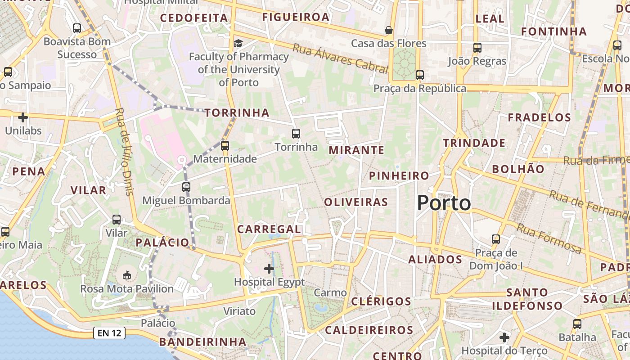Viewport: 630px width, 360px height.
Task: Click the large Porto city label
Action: tap(444, 203)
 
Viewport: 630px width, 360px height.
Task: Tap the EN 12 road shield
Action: tap(109, 333)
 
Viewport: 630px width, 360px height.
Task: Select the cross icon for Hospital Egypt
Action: tap(269, 269)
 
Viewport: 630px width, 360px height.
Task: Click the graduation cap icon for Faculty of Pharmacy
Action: tap(238, 43)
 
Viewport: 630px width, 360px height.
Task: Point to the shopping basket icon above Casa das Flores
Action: tap(388, 30)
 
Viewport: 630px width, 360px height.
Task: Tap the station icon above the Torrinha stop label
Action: tap(296, 133)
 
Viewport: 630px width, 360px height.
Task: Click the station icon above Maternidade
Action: tap(225, 145)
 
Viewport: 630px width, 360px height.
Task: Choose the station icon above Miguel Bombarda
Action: tap(186, 187)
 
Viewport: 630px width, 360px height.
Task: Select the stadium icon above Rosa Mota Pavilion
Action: tap(127, 275)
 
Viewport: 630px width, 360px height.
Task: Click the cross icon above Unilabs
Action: tap(22, 117)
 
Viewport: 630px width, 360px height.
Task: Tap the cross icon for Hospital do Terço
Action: tap(504, 337)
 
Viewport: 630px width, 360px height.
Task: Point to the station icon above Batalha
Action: tap(577, 324)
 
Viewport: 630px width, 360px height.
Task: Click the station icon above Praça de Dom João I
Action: tap(496, 239)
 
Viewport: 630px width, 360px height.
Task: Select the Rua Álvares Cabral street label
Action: tap(340, 58)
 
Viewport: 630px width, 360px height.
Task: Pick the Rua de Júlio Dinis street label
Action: tap(125, 151)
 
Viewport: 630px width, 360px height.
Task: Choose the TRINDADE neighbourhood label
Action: tap(474, 143)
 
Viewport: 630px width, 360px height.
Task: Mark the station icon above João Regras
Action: tap(477, 47)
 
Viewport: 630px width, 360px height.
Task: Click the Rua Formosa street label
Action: tap(549, 238)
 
